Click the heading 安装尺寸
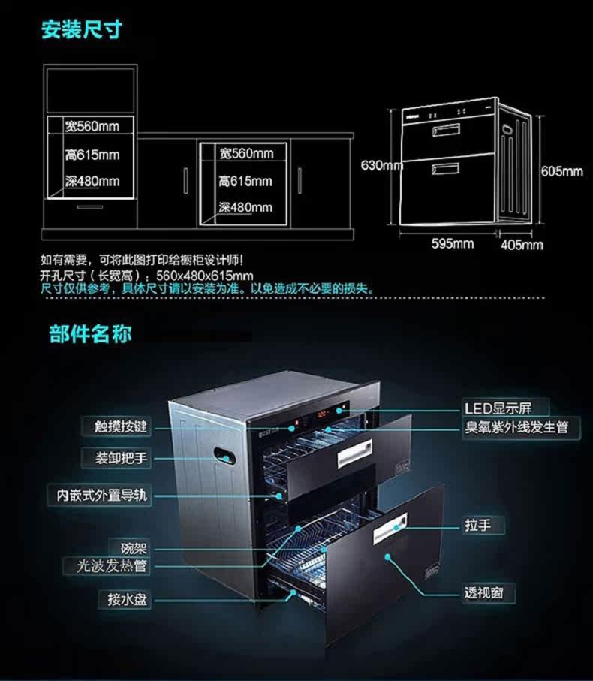[80, 31]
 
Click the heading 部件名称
[90, 333]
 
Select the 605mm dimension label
[561, 171]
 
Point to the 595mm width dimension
[453, 243]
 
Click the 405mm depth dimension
[522, 244]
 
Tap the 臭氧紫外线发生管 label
[516, 427]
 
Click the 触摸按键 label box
[120, 427]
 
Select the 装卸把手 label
[120, 457]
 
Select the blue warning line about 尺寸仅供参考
[206, 288]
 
